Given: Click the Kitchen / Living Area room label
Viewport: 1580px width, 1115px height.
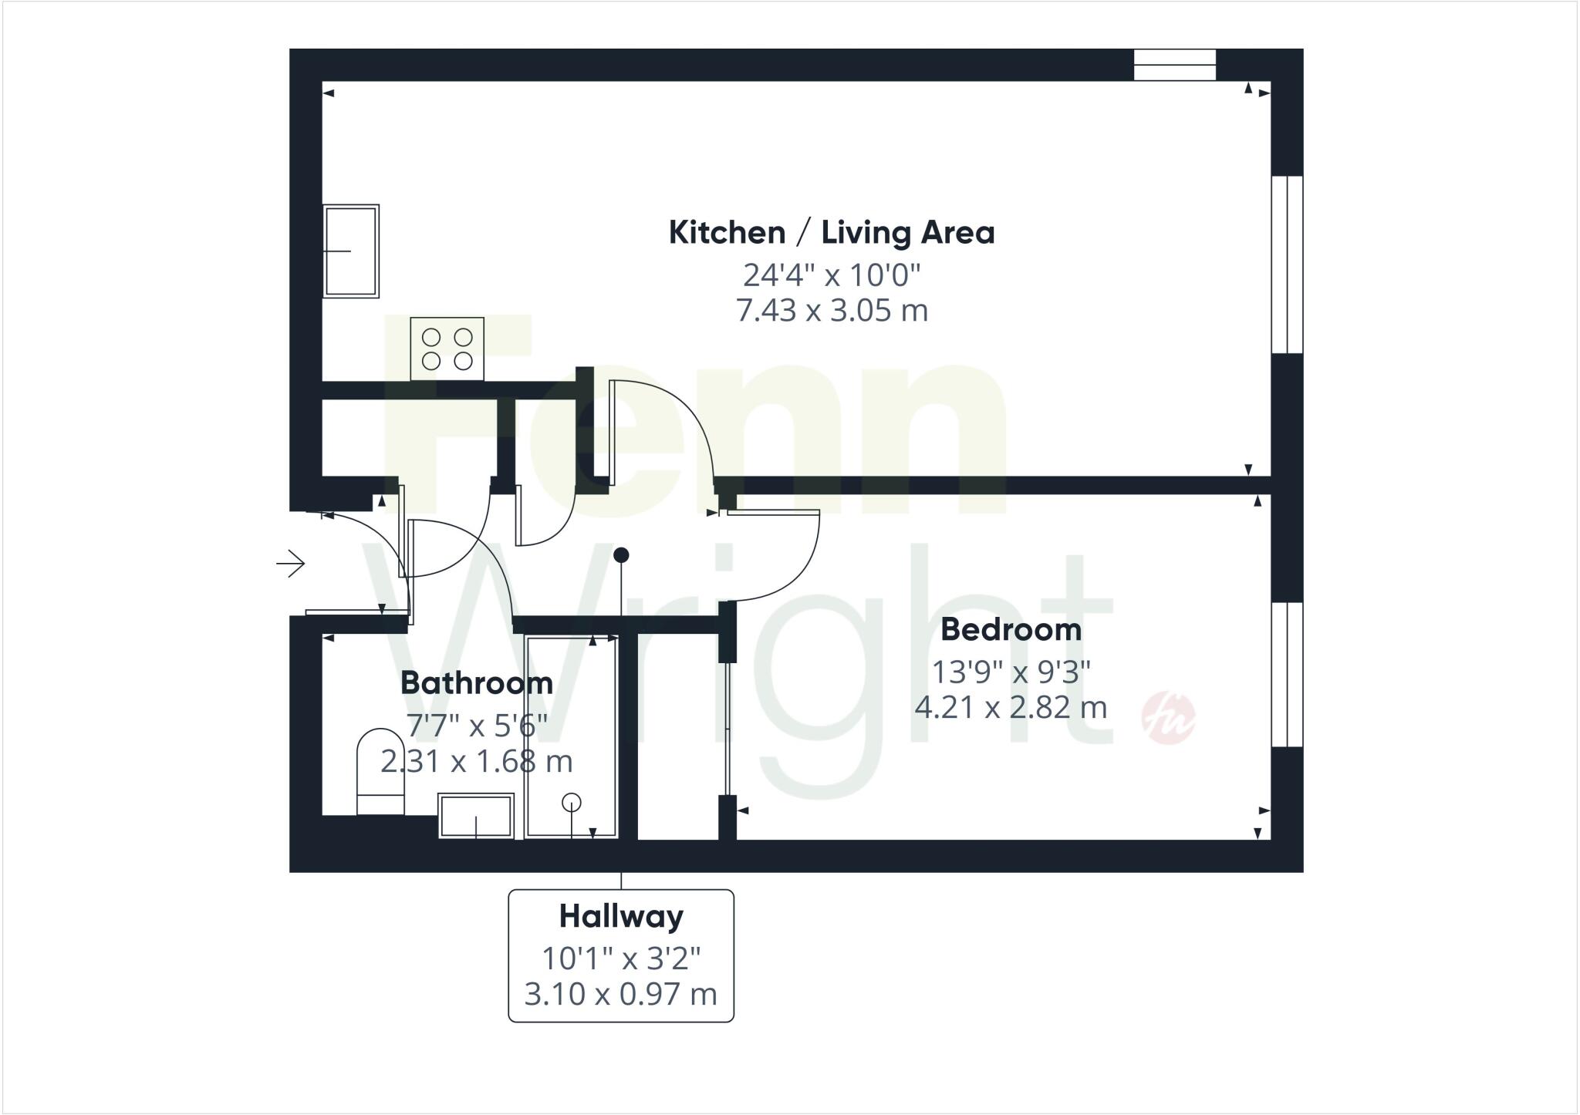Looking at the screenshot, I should [x=832, y=232].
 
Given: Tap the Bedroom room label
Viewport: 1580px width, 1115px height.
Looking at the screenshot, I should [x=1011, y=629].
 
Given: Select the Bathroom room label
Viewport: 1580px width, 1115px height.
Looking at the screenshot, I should [x=477, y=682].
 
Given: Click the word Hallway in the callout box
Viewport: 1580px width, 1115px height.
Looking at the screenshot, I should [x=621, y=916].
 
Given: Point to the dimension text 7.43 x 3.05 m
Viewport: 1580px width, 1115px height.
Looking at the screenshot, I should [x=832, y=310].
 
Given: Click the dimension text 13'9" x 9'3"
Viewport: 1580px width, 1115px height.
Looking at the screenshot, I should [x=1011, y=672].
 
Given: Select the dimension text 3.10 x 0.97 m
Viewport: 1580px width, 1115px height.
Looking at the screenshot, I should [x=621, y=994].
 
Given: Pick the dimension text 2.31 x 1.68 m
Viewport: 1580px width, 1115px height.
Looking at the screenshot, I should [x=477, y=762].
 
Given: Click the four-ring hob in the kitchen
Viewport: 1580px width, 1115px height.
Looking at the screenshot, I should [x=447, y=349].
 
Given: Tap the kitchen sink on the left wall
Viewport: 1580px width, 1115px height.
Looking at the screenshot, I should [x=351, y=251].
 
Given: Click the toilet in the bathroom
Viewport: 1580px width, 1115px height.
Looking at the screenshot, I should [x=381, y=771].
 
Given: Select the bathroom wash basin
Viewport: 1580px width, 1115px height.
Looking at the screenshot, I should [x=476, y=816].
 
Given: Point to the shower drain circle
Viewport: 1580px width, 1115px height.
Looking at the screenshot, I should [x=572, y=802].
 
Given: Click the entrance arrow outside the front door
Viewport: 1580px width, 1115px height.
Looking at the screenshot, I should [x=291, y=564].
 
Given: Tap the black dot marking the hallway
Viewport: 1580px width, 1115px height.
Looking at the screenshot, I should [x=621, y=554].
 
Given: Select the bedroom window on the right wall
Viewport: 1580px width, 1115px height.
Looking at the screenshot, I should [x=1287, y=675].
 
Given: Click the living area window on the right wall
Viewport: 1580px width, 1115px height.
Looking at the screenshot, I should [x=1287, y=264].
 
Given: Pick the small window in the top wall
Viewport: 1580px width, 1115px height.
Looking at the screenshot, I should [x=1174, y=65].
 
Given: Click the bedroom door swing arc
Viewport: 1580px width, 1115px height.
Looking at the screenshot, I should [x=802, y=571].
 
